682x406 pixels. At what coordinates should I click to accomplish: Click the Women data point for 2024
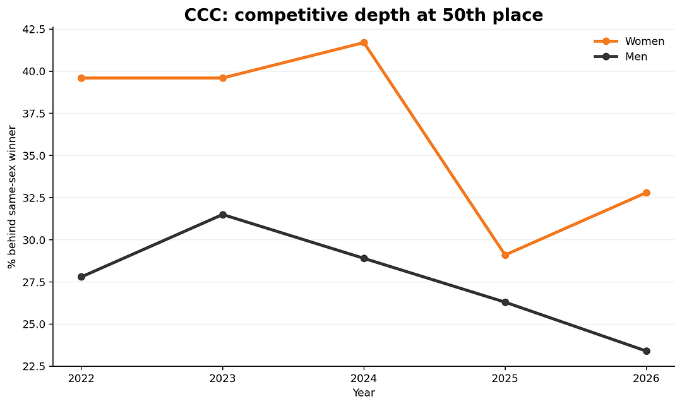[364, 42]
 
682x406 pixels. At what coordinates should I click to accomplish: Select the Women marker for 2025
[505, 255]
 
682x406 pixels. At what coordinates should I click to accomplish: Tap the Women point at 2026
[647, 193]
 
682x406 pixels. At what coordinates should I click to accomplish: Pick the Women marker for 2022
[81, 78]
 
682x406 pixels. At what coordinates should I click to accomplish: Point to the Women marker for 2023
[223, 78]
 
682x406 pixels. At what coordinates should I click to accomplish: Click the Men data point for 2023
[223, 215]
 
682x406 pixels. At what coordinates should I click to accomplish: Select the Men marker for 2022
[81, 277]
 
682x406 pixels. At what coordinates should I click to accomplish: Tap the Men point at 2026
[647, 351]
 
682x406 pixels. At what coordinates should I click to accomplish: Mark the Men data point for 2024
[364, 258]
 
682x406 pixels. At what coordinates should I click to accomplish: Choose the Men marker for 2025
[505, 302]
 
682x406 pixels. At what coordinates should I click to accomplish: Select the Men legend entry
[621, 56]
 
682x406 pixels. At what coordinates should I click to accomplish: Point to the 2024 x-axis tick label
[364, 378]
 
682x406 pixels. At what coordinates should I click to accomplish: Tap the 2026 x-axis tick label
[647, 378]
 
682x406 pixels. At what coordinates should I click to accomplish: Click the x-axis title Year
[364, 393]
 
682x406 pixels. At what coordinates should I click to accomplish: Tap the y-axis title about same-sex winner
[12, 198]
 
